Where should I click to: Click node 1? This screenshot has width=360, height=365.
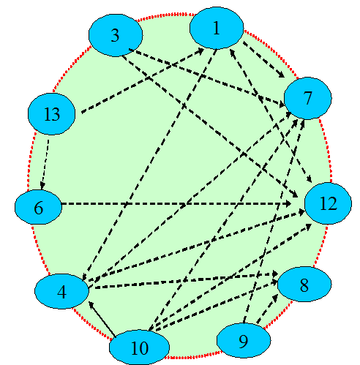pyautogui.click(x=217, y=28)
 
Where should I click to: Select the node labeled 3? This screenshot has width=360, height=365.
pyautogui.click(x=116, y=35)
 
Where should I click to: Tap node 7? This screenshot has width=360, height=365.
pyautogui.click(x=308, y=98)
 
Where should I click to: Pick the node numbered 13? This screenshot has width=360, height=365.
pyautogui.click(x=52, y=114)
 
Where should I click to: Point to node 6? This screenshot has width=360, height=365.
pyautogui.click(x=38, y=207)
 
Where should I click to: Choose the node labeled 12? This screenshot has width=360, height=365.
pyautogui.click(x=329, y=203)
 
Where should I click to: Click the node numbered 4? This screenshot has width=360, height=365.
pyautogui.click(x=62, y=291)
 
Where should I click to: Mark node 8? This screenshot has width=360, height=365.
pyautogui.click(x=304, y=284)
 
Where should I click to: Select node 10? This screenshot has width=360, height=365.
pyautogui.click(x=139, y=347)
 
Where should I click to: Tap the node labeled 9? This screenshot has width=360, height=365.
pyautogui.click(x=244, y=340)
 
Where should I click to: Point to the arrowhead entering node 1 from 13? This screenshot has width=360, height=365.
pyautogui.click(x=200, y=50)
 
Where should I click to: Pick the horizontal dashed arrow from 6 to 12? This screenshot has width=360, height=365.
pyautogui.click(x=176, y=203)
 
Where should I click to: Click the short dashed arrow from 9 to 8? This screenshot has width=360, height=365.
pyautogui.click(x=267, y=309)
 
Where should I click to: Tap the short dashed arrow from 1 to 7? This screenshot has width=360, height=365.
pyautogui.click(x=263, y=59)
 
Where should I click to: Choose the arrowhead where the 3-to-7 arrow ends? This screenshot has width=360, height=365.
pyautogui.click(x=280, y=105)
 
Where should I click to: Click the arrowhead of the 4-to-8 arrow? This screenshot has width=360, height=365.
pyautogui.click(x=274, y=274)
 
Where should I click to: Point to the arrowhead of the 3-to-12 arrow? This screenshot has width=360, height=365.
pyautogui.click(x=295, y=195)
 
